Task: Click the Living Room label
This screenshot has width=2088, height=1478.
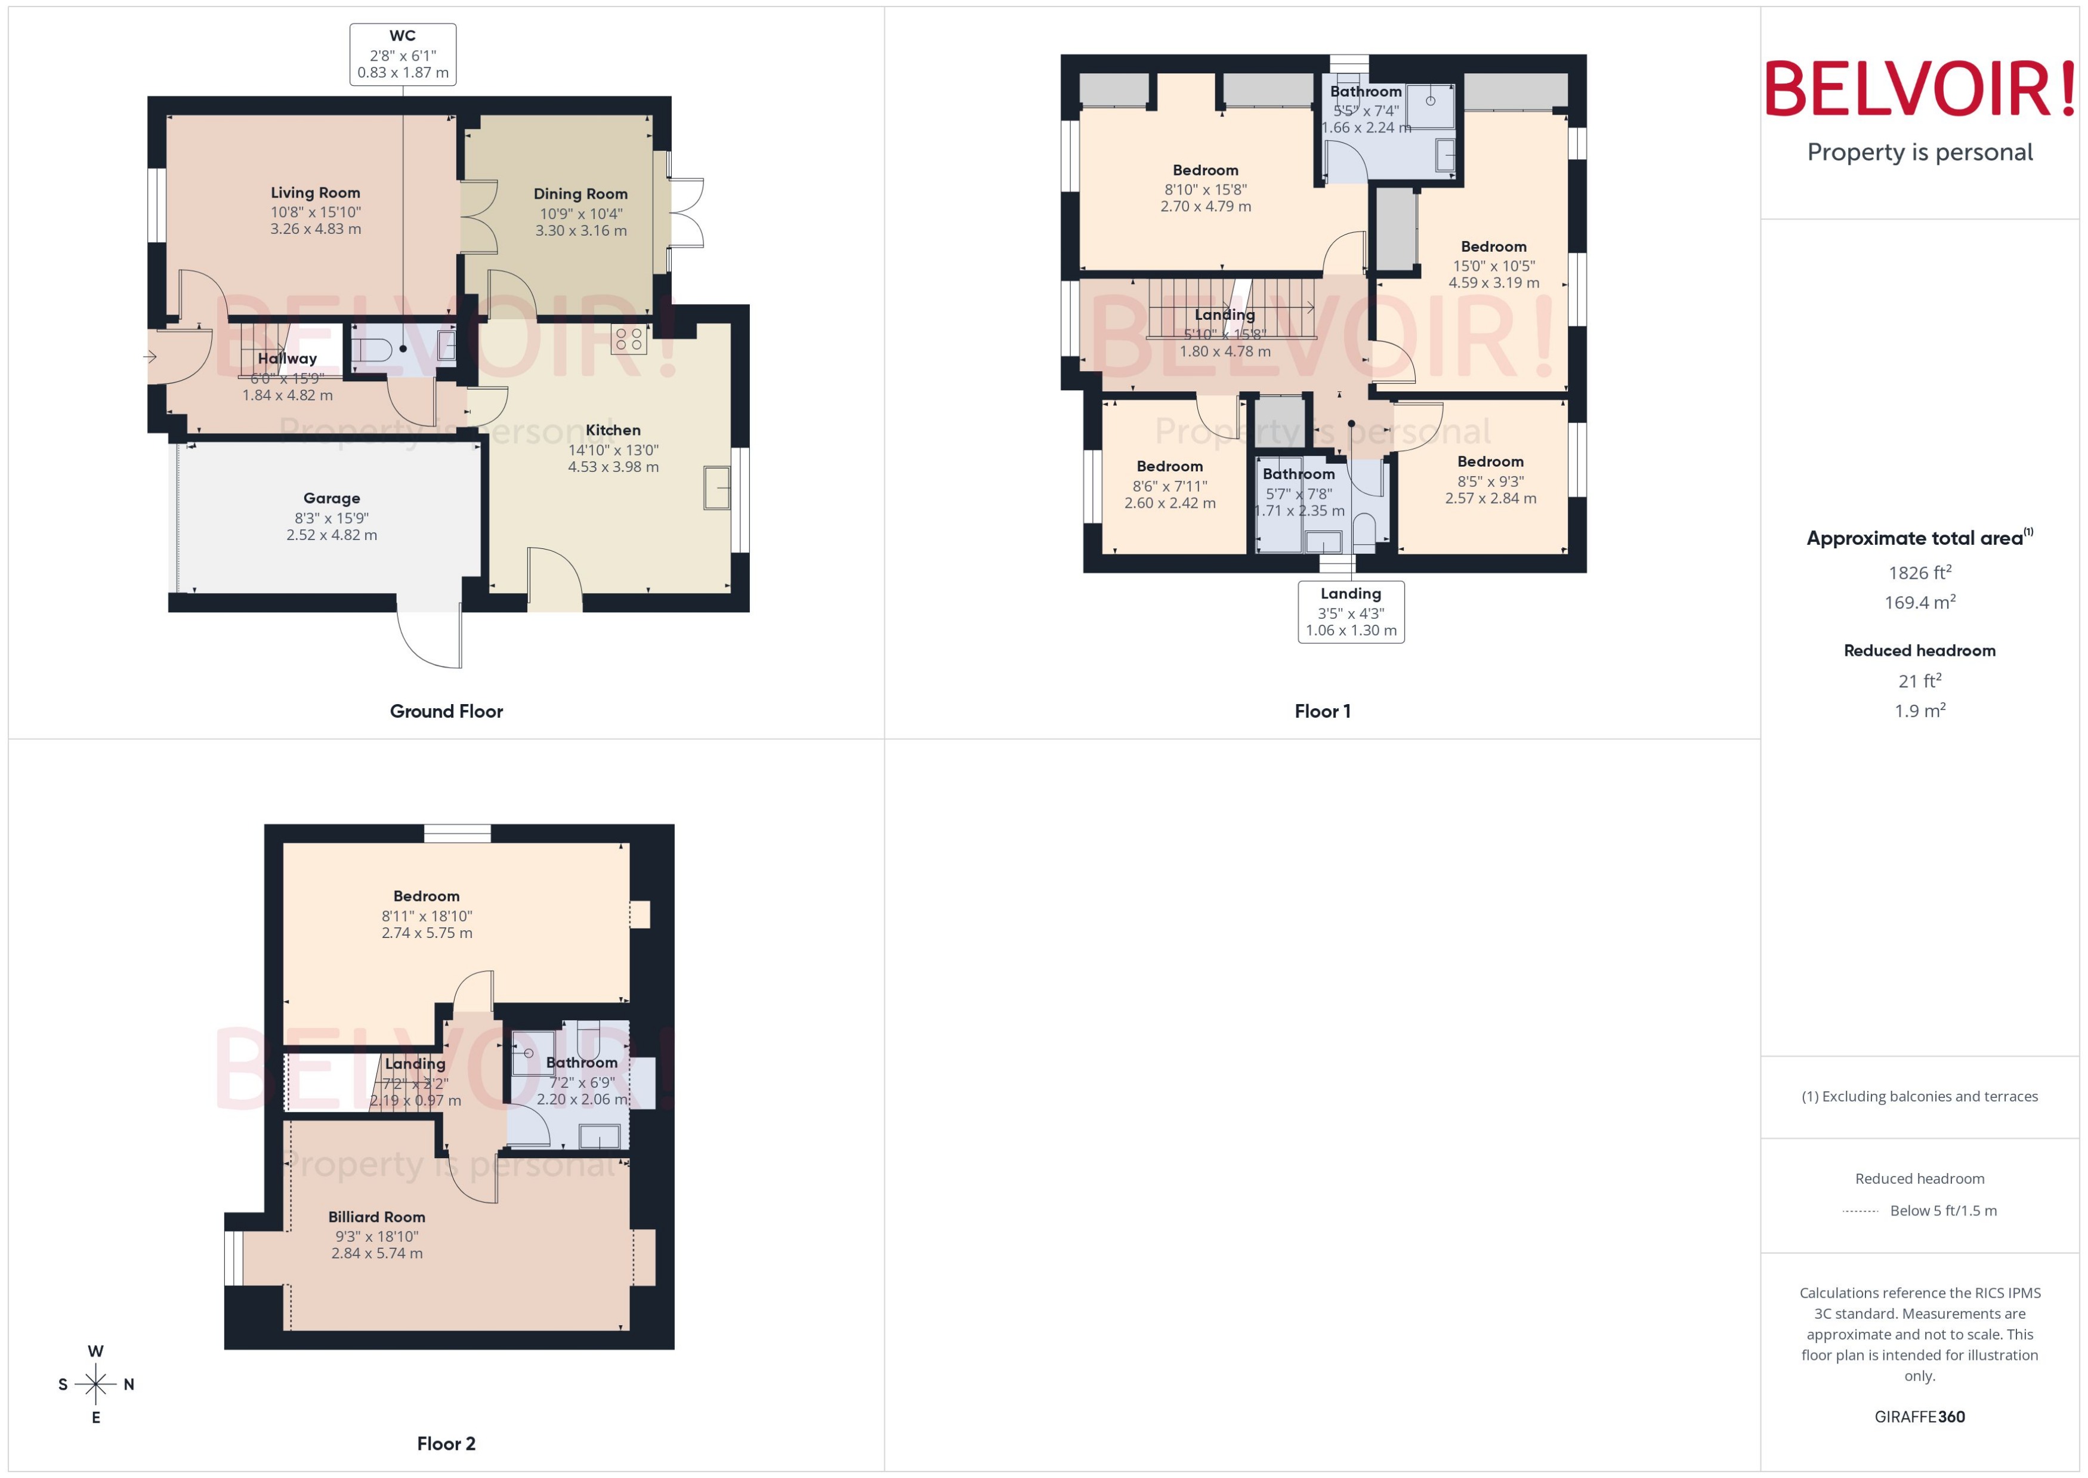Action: [x=315, y=193]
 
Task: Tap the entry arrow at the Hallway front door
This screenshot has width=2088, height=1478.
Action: [x=150, y=357]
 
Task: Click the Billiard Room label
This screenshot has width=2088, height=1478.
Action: [x=376, y=1217]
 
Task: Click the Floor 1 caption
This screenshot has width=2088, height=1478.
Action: [x=1322, y=712]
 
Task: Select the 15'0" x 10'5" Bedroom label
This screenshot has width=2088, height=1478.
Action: [x=1493, y=246]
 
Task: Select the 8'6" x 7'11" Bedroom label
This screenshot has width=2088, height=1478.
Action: [x=1169, y=466]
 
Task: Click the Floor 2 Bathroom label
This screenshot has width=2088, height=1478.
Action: [x=582, y=1062]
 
